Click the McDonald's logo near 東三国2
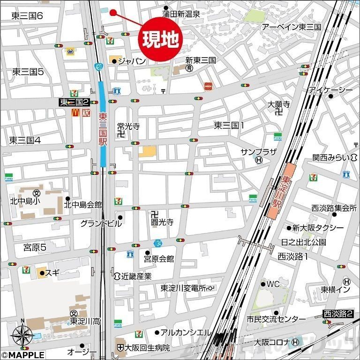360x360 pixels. [x=74, y=113]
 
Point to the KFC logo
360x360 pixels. [x=85, y=113]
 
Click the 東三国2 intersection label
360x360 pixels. [x=74, y=102]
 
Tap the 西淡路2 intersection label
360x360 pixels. [x=338, y=314]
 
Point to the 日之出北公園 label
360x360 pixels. [x=303, y=242]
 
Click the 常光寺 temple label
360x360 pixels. [x=128, y=126]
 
